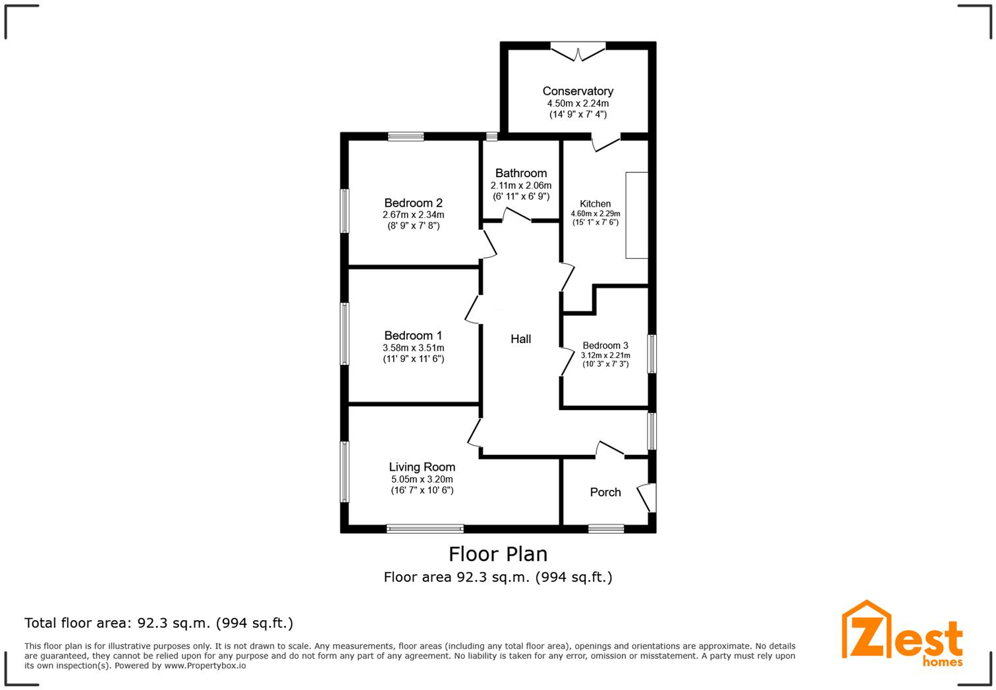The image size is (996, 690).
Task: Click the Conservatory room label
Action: [578, 92]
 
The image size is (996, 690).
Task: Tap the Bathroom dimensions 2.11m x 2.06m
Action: [520, 186]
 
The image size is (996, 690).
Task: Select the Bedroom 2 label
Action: [413, 203]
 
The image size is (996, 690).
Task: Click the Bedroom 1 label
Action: [413, 336]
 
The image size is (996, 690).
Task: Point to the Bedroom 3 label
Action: [605, 346]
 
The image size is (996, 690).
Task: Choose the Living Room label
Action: [422, 467]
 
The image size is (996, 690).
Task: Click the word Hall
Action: [520, 339]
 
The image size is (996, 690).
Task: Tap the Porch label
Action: [605, 492]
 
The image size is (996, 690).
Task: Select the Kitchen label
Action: [595, 204]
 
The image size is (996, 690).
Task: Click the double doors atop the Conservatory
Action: [578, 51]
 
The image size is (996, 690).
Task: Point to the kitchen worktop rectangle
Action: [636, 215]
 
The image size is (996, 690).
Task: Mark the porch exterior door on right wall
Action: [647, 497]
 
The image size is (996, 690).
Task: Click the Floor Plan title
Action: [497, 554]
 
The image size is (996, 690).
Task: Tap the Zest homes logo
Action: [902, 633]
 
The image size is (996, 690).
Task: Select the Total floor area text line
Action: [159, 623]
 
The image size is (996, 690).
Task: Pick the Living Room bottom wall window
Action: [425, 528]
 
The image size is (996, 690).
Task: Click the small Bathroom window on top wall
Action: [491, 136]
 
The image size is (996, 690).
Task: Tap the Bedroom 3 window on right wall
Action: [651, 354]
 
